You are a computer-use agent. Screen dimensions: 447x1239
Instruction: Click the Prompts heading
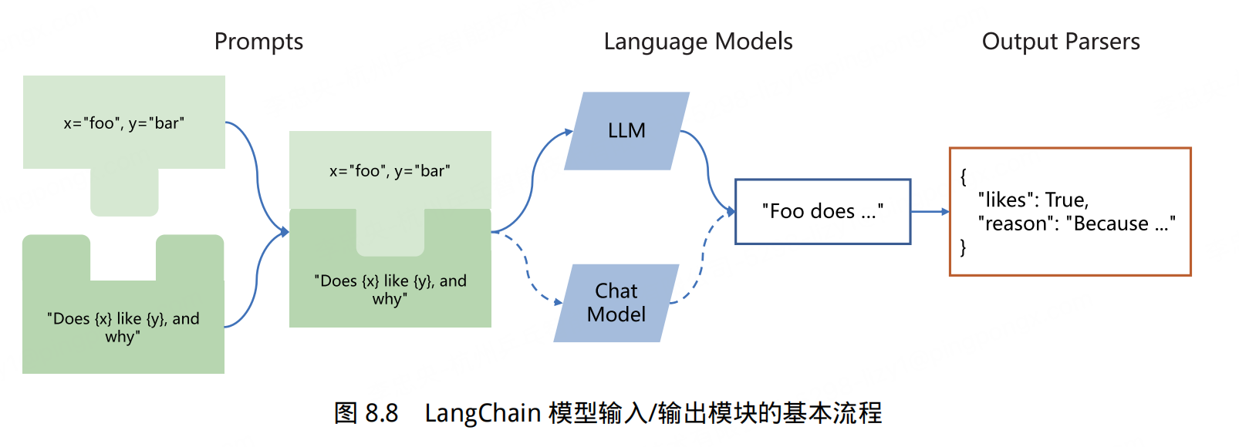(258, 42)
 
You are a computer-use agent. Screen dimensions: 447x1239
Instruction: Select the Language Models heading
(697, 42)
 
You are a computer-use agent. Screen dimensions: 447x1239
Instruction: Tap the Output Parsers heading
(1060, 42)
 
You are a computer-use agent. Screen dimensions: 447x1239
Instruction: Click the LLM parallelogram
(626, 131)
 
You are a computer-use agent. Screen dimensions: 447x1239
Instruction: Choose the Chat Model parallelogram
(616, 303)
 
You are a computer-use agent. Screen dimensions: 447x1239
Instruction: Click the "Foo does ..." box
(822, 212)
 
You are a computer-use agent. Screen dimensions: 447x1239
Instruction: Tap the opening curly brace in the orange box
(963, 176)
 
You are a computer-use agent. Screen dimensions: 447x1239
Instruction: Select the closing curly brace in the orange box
(963, 247)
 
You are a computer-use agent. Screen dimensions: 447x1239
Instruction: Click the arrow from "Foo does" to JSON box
(930, 212)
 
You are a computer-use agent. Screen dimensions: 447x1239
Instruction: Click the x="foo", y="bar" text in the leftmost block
(123, 123)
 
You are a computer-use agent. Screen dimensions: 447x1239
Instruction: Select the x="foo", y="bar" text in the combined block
(390, 171)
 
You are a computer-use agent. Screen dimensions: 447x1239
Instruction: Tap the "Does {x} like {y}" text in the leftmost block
(123, 328)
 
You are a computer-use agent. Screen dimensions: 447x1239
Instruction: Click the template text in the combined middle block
(390, 290)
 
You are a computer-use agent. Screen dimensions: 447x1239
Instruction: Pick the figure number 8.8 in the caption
(381, 414)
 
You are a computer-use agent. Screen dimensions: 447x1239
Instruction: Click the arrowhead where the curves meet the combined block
(285, 231)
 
